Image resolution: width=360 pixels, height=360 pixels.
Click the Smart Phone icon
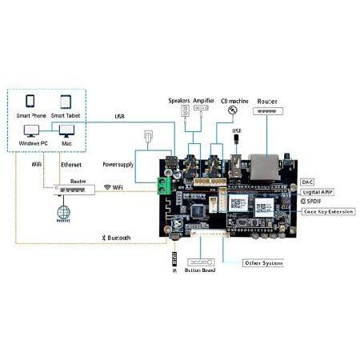[x=30, y=102]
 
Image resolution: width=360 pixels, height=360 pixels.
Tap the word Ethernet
[x=72, y=164]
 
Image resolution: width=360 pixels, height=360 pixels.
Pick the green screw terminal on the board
[x=165, y=188]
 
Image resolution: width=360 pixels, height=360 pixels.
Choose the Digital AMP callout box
[x=318, y=192]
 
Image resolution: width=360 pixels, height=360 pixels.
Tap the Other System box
[x=261, y=262]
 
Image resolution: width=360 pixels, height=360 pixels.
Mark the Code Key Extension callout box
[x=328, y=212]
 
